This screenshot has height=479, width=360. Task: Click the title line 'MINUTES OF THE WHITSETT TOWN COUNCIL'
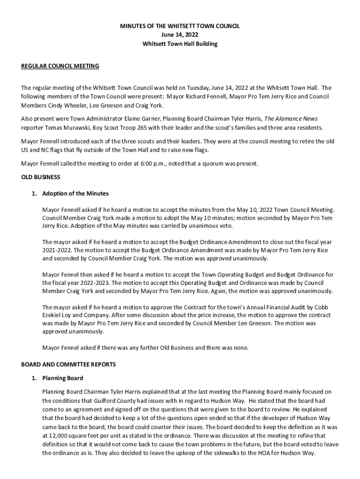pyautogui.click(x=180, y=27)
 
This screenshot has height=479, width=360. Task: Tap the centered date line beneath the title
pyautogui.click(x=180, y=35)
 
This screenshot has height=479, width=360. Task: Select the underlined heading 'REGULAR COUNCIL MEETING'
pyautogui.click(x=60, y=66)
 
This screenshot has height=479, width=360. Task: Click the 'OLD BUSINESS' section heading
pyautogui.click(x=41, y=177)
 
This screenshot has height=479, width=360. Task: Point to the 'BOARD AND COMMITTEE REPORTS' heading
pyautogui.click(x=69, y=364)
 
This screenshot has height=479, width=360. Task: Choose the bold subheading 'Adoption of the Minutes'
pyautogui.click(x=75, y=193)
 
